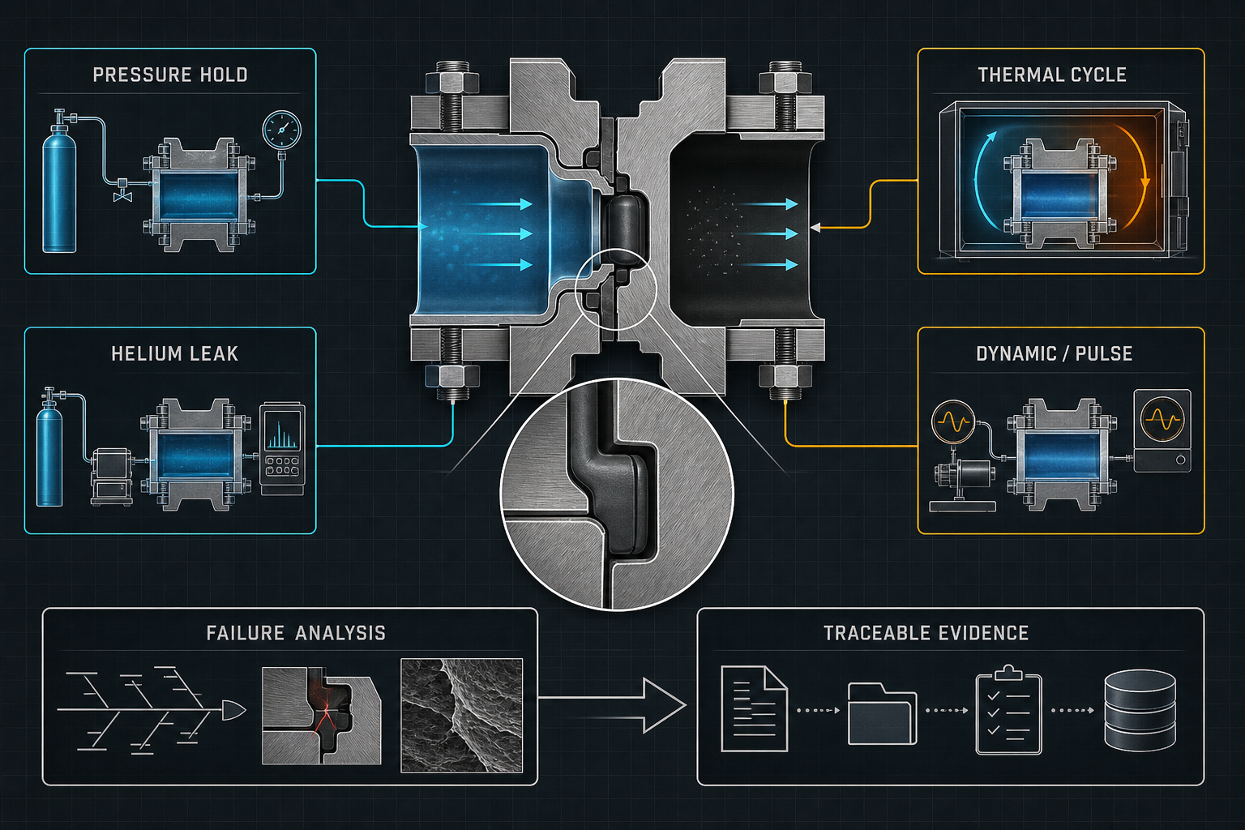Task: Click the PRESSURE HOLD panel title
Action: click(170, 75)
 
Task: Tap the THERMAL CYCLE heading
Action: click(1052, 75)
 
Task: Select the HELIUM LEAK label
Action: click(174, 354)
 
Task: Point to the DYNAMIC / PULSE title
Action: click(1055, 354)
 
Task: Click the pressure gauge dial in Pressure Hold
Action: click(282, 130)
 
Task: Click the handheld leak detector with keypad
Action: click(282, 449)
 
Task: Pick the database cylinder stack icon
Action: click(1140, 710)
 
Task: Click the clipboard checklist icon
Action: click(1009, 711)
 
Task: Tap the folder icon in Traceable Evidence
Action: click(882, 713)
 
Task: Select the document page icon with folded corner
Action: click(755, 708)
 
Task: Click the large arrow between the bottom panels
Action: click(612, 705)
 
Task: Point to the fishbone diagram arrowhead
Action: click(233, 710)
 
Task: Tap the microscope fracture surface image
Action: click(461, 716)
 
